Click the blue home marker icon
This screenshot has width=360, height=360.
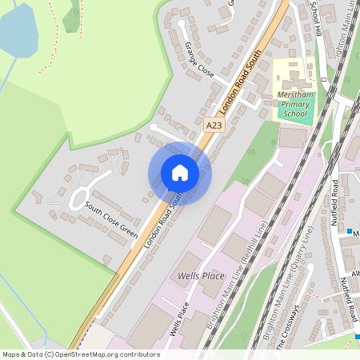tap(180, 173)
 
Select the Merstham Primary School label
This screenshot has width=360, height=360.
tap(292, 105)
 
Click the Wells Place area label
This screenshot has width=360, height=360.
tap(201, 276)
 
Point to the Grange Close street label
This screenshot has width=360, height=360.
tap(199, 59)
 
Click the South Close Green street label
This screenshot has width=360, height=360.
tap(112, 221)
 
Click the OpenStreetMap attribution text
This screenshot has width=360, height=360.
tap(80, 354)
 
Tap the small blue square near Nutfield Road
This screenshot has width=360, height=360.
tap(350, 232)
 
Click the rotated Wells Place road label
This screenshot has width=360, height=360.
tap(179, 320)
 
